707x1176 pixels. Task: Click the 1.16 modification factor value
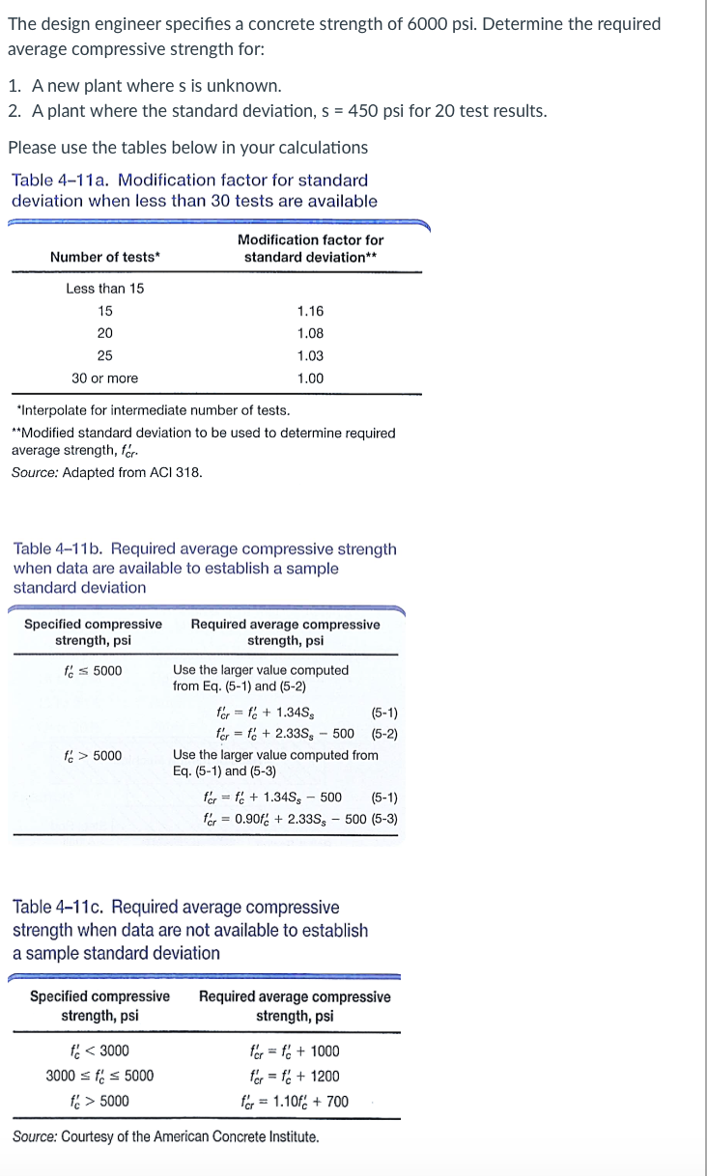point(310,311)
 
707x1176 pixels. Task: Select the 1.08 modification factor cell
point(310,333)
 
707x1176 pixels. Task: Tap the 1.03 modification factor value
point(310,355)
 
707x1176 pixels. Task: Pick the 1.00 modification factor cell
point(310,378)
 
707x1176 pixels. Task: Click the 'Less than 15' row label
point(104,289)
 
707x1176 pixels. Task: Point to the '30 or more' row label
point(104,378)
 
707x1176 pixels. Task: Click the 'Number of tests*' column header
point(105,256)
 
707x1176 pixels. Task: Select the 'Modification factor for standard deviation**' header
point(310,248)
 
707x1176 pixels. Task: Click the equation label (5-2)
point(384,733)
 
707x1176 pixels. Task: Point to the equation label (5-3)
point(383,820)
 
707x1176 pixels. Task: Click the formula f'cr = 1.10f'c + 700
point(295,1102)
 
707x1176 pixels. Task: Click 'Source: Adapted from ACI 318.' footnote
point(107,473)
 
